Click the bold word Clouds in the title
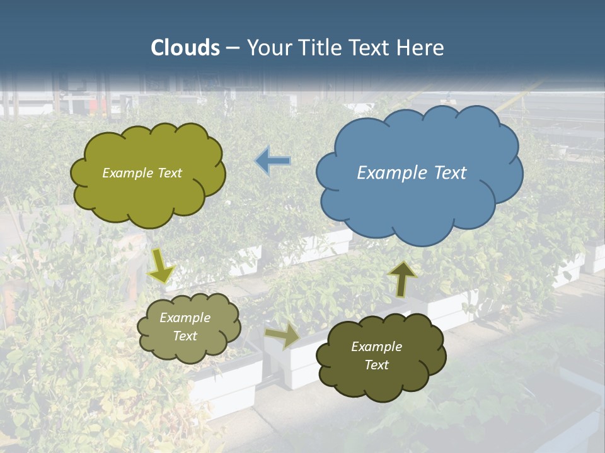coord(185,48)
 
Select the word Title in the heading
coord(319,48)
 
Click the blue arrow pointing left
coord(273,160)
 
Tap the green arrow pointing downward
coord(161,266)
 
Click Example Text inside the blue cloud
coord(412,173)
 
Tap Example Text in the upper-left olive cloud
coord(142,173)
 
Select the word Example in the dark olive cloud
coord(376,347)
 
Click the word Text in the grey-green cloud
coord(185,336)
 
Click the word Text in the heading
coord(366,48)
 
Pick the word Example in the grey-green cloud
coord(185,318)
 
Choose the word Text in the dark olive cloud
coord(376,365)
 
